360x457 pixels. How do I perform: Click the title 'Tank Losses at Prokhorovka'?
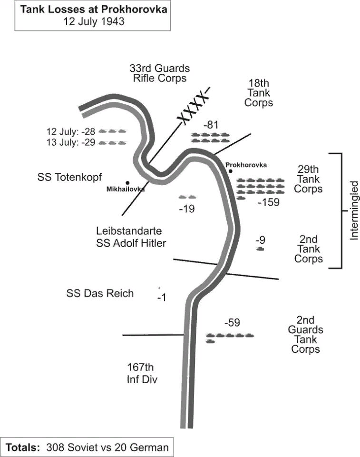coord(94,10)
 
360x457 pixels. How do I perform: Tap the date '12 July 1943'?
coord(94,21)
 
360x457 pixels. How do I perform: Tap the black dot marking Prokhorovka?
coord(231,171)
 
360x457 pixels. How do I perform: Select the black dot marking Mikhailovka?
coord(127,182)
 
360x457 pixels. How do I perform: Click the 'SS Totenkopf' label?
coord(69,177)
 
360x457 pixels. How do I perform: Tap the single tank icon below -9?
coord(260,249)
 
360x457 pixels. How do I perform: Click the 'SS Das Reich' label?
coord(100,293)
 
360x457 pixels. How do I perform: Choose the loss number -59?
coord(232,323)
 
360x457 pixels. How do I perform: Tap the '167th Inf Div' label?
coord(141,373)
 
